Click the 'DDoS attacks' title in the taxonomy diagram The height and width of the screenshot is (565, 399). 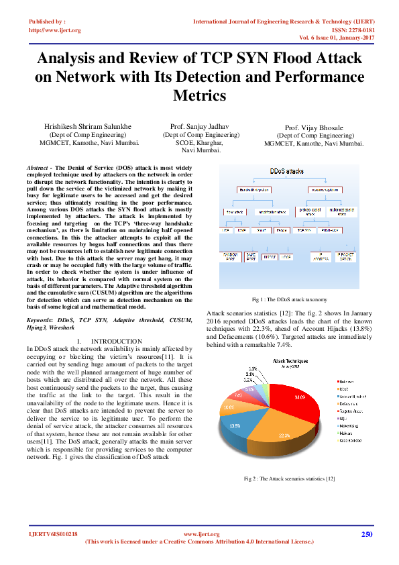[286, 172]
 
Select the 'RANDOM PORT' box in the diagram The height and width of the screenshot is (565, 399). [229, 256]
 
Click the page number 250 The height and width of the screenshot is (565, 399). [366, 534]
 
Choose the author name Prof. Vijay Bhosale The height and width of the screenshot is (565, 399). [315, 127]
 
